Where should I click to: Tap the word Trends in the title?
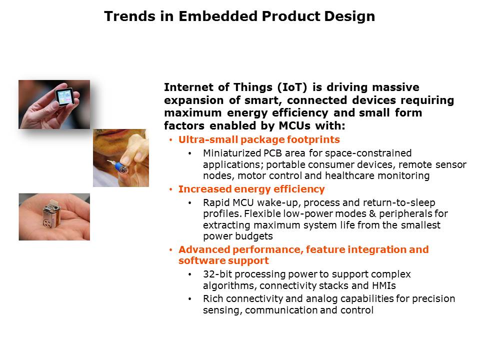[129, 16]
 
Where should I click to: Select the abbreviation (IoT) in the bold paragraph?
[292, 87]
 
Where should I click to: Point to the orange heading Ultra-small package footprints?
[259, 139]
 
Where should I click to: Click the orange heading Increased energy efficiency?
[251, 189]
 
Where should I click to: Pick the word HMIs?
[384, 285]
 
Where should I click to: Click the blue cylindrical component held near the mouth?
[121, 167]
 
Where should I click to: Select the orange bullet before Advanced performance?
[171, 250]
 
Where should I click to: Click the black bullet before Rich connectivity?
[190, 299]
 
